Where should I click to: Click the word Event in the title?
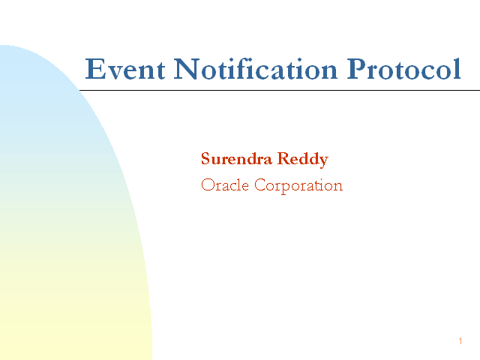click(x=125, y=69)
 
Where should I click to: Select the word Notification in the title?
click(x=256, y=68)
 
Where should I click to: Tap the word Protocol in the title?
click(x=403, y=68)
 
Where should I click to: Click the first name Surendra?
click(x=236, y=158)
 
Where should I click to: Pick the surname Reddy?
click(x=303, y=160)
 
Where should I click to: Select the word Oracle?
click(x=225, y=184)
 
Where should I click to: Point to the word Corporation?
click(x=298, y=186)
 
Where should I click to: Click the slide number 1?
click(x=460, y=341)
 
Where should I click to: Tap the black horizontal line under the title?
click(x=280, y=90)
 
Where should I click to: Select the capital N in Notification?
click(x=187, y=69)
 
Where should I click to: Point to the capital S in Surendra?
click(x=205, y=158)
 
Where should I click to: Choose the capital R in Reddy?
click(x=284, y=158)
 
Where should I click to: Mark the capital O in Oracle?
click(x=208, y=185)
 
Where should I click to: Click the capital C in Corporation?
click(x=261, y=185)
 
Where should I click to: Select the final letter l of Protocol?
click(x=457, y=68)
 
